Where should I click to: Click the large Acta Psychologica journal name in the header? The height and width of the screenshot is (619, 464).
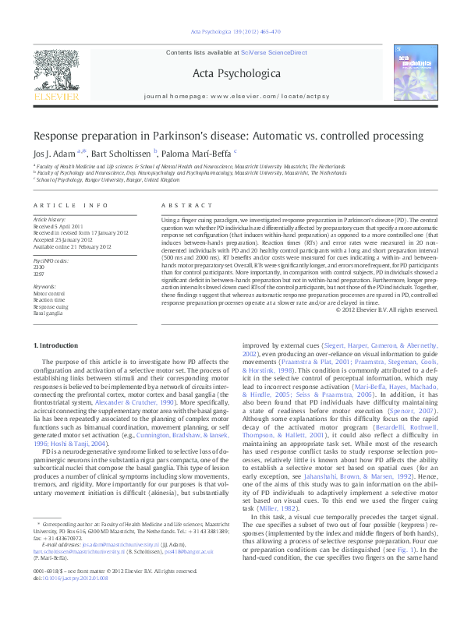pyautogui.click(x=232, y=73)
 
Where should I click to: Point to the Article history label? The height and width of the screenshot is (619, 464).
pyautogui.click(x=49, y=221)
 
